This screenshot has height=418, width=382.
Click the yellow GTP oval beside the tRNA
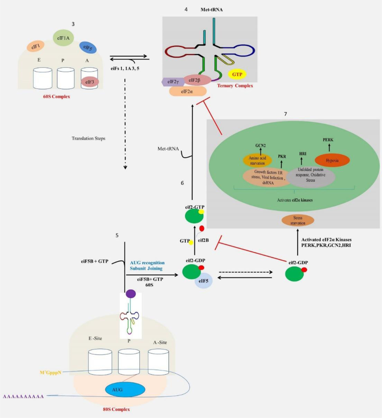coord(237,74)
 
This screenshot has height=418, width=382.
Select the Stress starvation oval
coord(298,221)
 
